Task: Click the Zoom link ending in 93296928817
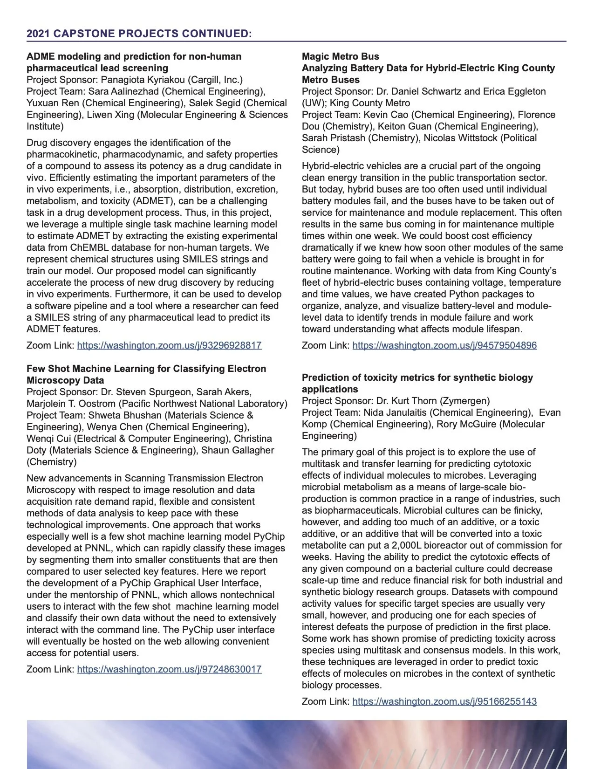click(169, 345)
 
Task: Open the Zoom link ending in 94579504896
click(444, 345)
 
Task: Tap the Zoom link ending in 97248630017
click(169, 669)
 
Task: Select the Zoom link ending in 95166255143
click(444, 701)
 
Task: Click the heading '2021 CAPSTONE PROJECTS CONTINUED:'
click(139, 34)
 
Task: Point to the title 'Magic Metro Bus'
click(341, 56)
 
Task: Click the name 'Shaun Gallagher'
click(238, 450)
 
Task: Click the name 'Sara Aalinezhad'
click(123, 91)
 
